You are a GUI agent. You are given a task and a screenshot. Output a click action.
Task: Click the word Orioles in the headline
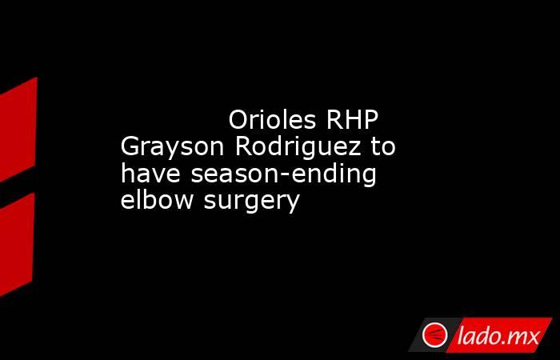pyautogui.click(x=272, y=120)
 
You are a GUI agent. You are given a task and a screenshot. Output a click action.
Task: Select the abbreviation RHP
pyautogui.click(x=352, y=120)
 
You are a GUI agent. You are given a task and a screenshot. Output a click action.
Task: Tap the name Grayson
pyautogui.click(x=173, y=147)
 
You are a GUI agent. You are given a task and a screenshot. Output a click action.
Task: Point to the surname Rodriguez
pyautogui.click(x=298, y=147)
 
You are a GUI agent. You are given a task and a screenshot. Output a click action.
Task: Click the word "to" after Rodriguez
pyautogui.click(x=383, y=146)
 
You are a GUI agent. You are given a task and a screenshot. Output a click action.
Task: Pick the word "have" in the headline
pyautogui.click(x=150, y=174)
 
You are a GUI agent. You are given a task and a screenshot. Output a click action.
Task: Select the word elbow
pyautogui.click(x=157, y=200)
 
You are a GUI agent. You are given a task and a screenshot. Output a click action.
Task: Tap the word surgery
pyautogui.click(x=251, y=202)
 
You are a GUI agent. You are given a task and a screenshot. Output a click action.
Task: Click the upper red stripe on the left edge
pyautogui.click(x=18, y=129)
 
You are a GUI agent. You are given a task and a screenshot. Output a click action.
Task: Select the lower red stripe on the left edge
pyautogui.click(x=17, y=244)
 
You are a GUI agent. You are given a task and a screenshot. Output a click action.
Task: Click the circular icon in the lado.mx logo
pyautogui.click(x=434, y=335)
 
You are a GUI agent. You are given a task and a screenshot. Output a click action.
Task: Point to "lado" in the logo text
pyautogui.click(x=478, y=335)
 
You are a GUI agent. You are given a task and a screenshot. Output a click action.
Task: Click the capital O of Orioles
pyautogui.click(x=238, y=120)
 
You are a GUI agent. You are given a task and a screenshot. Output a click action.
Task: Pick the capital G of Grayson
pyautogui.click(x=130, y=146)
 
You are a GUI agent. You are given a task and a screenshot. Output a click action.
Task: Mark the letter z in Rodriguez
pyautogui.click(x=354, y=150)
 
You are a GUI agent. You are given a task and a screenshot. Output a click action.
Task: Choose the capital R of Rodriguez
pyautogui.click(x=243, y=146)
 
